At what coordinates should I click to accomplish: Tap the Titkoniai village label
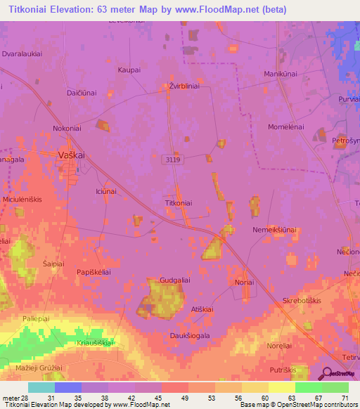click(x=178, y=202)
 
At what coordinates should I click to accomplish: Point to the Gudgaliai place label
click(x=175, y=280)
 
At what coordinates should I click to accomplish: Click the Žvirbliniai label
click(x=185, y=86)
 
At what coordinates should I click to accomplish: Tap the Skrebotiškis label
click(x=302, y=299)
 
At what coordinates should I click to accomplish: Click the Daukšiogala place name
click(x=191, y=335)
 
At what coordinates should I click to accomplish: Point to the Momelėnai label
click(x=285, y=126)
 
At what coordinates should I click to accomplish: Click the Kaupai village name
click(x=129, y=70)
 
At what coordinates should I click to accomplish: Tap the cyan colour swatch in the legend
click(x=41, y=387)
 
